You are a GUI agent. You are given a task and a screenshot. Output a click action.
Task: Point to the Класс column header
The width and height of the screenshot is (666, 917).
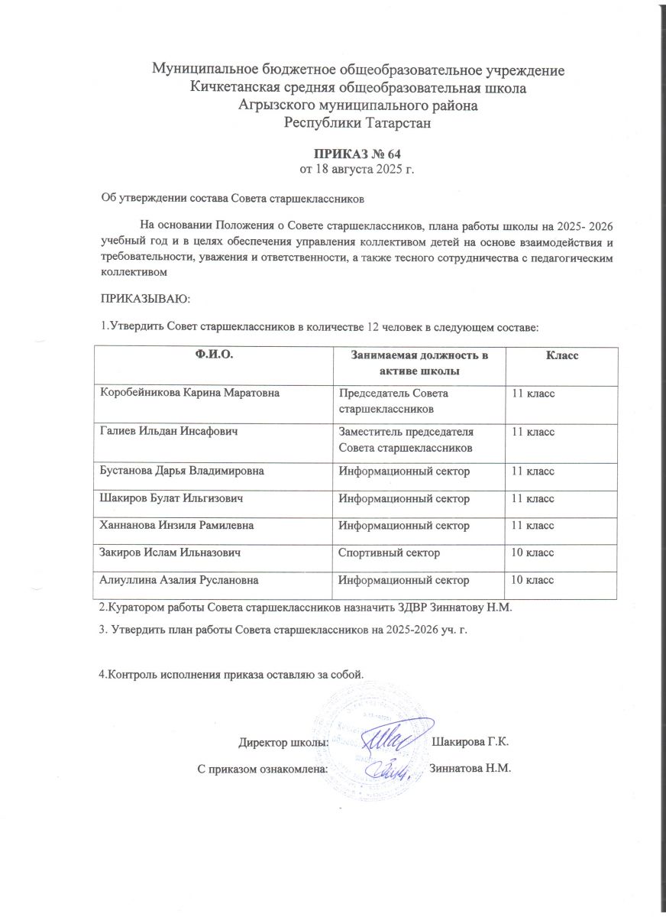coord(560,356)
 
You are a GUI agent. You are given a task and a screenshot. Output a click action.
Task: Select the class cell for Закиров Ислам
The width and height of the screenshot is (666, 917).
coord(532,552)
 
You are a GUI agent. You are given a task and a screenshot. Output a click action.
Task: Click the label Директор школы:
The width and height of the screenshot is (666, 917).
coord(283,742)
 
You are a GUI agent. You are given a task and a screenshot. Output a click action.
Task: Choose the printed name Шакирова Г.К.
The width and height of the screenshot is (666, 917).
coord(470,742)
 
